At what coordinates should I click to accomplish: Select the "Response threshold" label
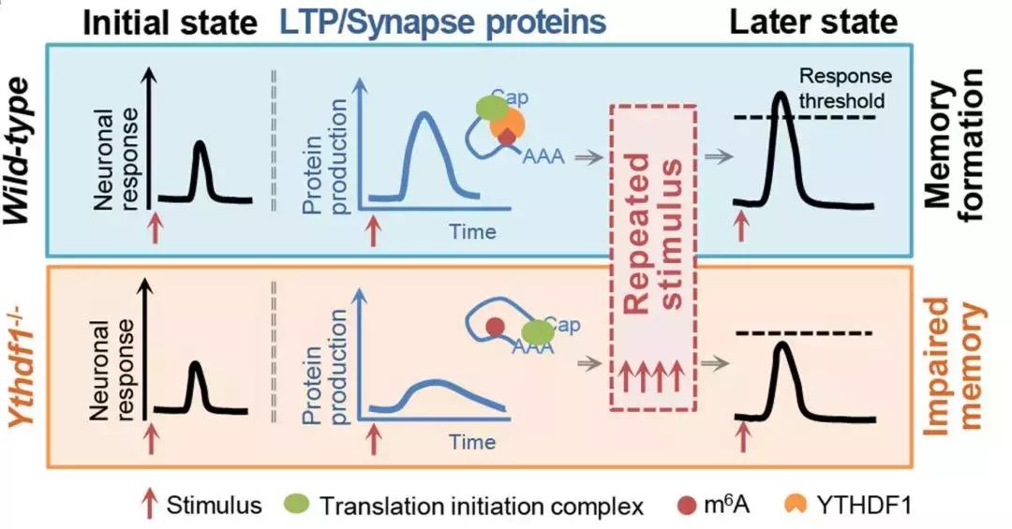click(844, 88)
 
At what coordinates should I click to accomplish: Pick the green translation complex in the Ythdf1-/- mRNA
click(537, 331)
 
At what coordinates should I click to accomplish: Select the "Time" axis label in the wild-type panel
click(472, 229)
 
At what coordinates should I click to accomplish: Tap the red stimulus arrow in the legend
click(147, 506)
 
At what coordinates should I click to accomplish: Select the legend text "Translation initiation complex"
click(482, 507)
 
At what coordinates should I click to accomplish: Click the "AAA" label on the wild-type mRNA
click(542, 157)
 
